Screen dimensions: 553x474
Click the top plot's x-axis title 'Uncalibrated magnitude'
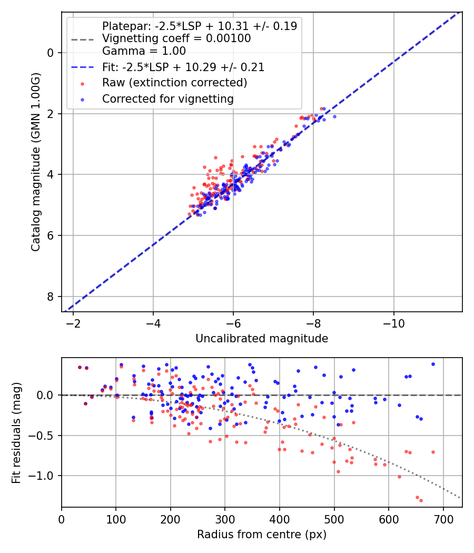coord(262,339)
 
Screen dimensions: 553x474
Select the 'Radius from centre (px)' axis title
coord(262,535)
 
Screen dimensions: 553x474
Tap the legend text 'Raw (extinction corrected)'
coord(174,83)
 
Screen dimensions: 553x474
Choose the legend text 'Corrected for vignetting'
coord(167,98)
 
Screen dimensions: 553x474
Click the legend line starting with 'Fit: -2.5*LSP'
coord(183,67)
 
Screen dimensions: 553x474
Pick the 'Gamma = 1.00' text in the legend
coord(144,51)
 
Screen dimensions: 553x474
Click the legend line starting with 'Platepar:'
coord(199,26)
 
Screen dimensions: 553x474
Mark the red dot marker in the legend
coord(82,83)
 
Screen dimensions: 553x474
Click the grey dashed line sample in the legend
coord(82,39)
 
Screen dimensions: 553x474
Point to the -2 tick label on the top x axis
coord(73,322)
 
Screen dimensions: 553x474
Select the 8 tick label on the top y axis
coord(51,297)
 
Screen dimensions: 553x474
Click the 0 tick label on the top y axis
coord(51,53)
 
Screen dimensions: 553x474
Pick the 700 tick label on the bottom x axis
coord(443,518)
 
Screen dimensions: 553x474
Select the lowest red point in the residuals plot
coord(421,500)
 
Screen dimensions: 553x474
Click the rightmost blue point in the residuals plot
coord(433,364)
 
